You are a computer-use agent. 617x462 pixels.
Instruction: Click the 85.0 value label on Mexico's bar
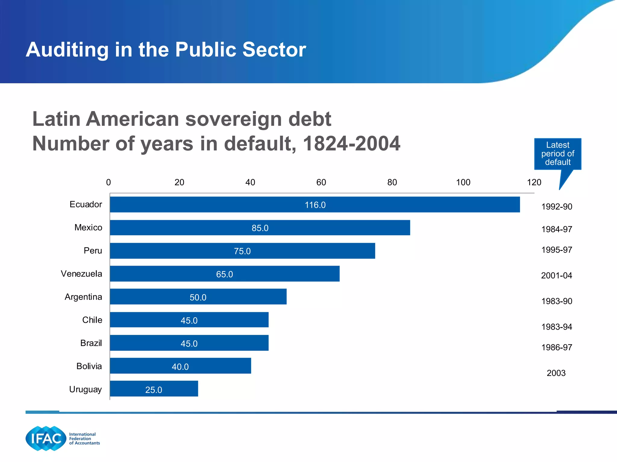click(260, 228)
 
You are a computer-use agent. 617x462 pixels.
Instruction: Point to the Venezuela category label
click(81, 274)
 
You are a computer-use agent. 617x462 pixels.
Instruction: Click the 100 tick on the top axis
click(463, 182)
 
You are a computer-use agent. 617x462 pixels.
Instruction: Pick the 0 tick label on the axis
click(108, 182)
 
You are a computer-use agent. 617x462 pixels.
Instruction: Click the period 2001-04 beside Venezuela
click(556, 276)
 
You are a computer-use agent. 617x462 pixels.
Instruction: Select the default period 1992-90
click(557, 207)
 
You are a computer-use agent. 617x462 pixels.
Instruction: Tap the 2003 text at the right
click(556, 373)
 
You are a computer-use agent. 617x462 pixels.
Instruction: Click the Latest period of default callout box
click(558, 154)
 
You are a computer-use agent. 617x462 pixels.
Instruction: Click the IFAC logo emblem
click(46, 438)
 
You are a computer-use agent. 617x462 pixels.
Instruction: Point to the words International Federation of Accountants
click(84, 439)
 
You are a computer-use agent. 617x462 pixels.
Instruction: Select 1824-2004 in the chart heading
click(352, 143)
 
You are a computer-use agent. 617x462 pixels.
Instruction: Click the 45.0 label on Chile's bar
click(189, 321)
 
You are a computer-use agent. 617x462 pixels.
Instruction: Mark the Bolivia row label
click(89, 366)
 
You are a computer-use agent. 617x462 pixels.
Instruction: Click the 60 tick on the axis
click(321, 182)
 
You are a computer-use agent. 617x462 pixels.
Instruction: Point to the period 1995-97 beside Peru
click(557, 250)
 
